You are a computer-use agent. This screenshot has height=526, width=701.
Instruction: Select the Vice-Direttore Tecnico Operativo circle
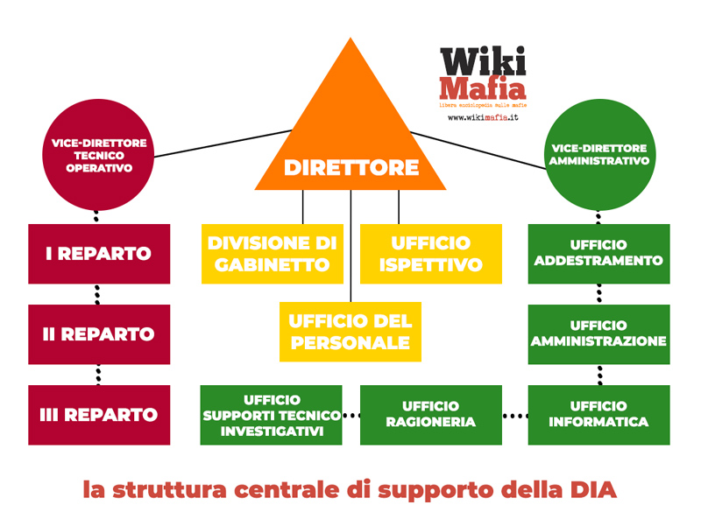97,154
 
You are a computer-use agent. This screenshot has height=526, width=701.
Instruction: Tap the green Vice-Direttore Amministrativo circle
599,154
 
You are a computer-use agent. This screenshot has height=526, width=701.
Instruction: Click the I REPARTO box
97,254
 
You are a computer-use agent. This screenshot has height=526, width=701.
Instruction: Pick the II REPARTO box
97,333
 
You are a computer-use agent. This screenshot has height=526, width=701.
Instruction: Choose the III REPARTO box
97,414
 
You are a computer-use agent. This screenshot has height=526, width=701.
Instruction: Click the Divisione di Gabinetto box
272,254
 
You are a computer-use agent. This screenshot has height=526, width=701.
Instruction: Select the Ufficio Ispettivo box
431,254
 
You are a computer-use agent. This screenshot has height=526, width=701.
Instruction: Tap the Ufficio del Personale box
350,332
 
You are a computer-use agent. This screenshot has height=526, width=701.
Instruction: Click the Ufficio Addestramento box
599,254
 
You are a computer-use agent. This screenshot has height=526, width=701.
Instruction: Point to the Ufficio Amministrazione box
599,333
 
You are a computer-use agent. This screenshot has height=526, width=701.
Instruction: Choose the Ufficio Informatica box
599,414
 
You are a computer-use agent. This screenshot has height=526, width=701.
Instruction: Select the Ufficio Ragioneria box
430,414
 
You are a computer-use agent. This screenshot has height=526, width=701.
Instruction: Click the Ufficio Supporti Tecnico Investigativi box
272,414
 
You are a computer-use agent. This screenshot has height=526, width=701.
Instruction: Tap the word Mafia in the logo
482,88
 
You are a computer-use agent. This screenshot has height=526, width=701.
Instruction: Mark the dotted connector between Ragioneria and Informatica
515,415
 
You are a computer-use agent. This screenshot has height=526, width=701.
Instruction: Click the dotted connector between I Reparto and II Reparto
97,294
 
